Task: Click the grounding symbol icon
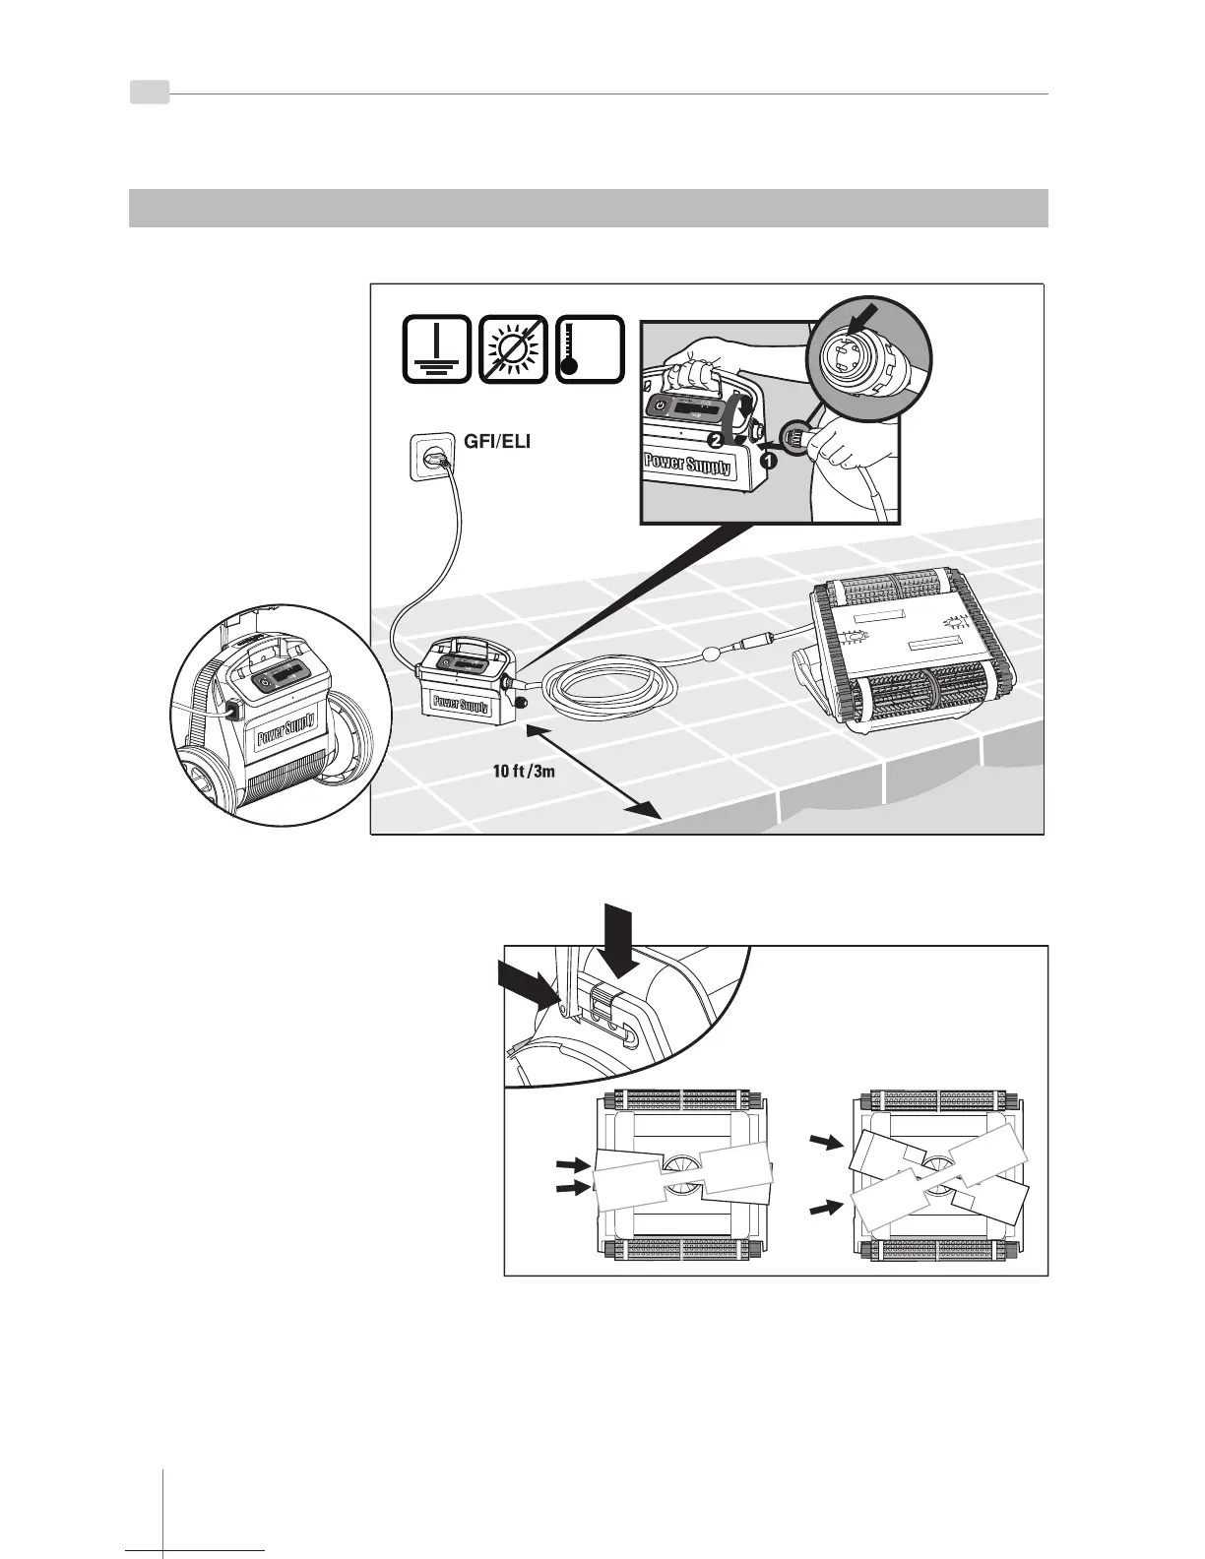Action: point(436,348)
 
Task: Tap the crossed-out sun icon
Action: point(512,348)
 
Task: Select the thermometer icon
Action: point(590,348)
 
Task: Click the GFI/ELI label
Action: point(496,442)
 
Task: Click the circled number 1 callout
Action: point(766,458)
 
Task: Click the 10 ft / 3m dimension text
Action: point(524,771)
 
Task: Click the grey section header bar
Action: point(588,208)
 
